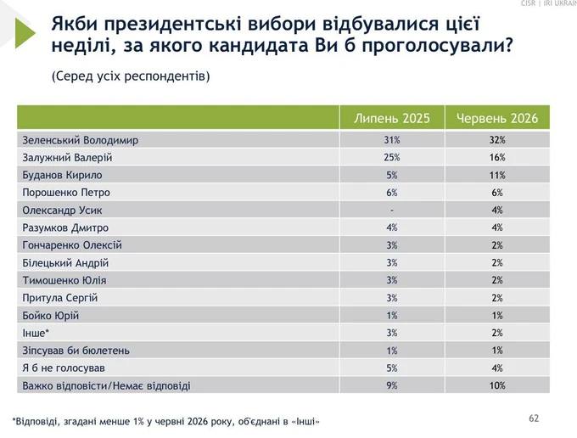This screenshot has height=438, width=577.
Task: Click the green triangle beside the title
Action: (x=24, y=33)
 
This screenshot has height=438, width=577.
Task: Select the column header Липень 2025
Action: (x=392, y=118)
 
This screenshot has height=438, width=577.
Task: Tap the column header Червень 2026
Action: (x=497, y=118)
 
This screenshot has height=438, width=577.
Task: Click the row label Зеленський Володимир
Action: (x=81, y=140)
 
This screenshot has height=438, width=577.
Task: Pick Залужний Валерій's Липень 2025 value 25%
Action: (x=392, y=158)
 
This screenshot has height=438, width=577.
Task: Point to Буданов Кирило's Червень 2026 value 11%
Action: (x=497, y=175)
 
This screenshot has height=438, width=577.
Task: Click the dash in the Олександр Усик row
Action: (x=392, y=211)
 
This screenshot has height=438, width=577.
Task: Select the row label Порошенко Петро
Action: (x=66, y=193)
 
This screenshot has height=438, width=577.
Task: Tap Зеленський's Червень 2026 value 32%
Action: (x=497, y=140)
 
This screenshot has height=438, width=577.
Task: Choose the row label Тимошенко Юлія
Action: (x=64, y=280)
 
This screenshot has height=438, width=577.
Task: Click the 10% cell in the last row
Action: (x=497, y=385)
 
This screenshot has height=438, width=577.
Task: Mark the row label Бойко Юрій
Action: (x=51, y=316)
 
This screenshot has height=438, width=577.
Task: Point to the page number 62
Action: (x=534, y=418)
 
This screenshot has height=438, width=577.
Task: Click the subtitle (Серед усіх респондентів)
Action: (x=131, y=76)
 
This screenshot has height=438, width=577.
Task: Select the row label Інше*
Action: (x=36, y=333)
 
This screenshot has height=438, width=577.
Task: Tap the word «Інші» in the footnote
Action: (x=305, y=421)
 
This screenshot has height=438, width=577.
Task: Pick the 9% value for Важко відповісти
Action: (x=392, y=385)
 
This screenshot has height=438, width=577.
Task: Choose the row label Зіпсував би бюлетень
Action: (x=76, y=351)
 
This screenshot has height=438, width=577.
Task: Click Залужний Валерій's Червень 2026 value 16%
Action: (x=497, y=158)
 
